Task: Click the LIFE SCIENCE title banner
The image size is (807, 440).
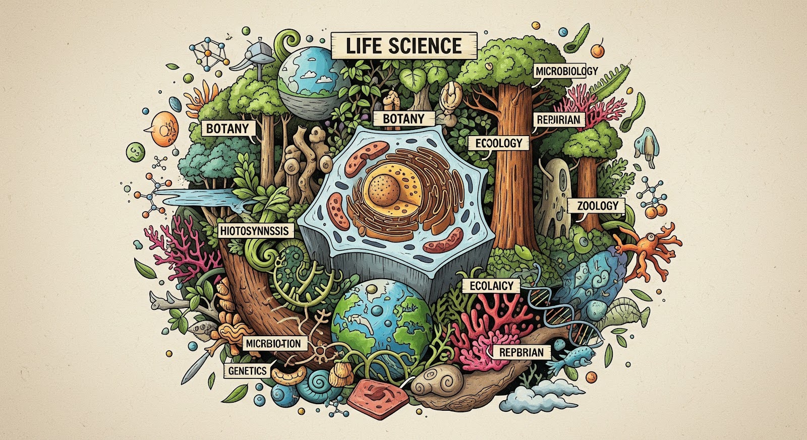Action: (403, 46)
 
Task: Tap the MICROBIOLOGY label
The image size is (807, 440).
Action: (566, 71)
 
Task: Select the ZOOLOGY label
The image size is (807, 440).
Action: (597, 206)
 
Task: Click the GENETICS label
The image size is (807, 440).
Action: (247, 371)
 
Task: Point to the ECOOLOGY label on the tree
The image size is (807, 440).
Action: (498, 143)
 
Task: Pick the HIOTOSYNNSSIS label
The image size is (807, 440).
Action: (256, 231)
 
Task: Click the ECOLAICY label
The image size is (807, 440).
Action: (491, 286)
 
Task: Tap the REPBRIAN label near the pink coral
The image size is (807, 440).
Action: (521, 352)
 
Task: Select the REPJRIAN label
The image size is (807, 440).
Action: (559, 120)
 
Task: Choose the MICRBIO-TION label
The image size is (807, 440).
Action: (273, 344)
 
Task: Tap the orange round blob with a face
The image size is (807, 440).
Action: (164, 129)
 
